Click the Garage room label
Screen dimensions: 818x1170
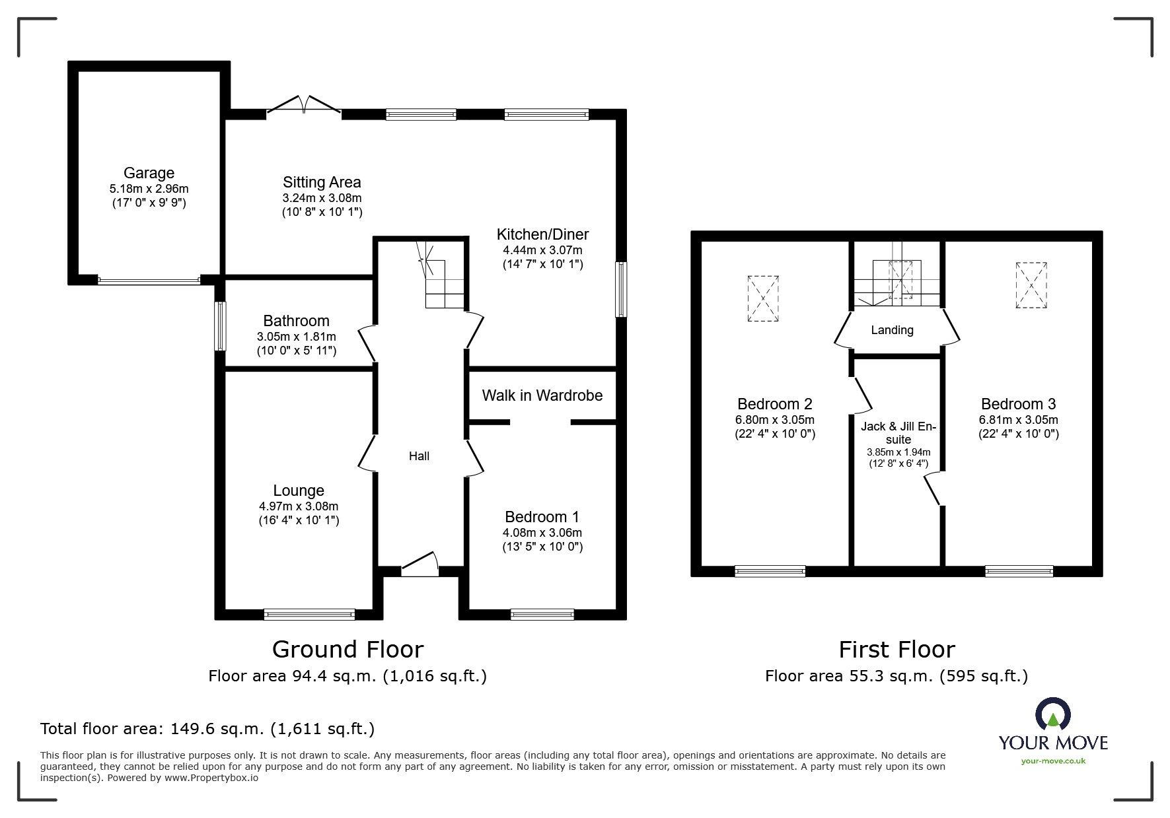coord(149,173)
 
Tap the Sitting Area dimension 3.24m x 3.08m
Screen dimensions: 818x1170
coord(322,198)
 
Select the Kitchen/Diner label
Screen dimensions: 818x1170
coord(542,234)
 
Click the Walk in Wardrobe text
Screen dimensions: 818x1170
coord(542,395)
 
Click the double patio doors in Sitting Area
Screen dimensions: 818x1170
coord(304,106)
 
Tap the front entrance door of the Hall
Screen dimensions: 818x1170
coord(420,564)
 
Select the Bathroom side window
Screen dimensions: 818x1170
coord(221,326)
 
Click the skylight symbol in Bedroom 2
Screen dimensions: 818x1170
coord(763,298)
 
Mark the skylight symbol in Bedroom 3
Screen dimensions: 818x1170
coord(1031,285)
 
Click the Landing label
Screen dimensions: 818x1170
coord(892,330)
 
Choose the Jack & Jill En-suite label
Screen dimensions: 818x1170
coord(898,433)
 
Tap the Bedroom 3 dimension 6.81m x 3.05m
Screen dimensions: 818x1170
coord(1018,420)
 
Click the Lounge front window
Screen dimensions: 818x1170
coord(309,614)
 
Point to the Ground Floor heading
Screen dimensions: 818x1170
coord(347,650)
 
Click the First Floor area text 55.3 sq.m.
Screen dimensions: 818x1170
coord(896,676)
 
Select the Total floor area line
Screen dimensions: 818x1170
coord(207,729)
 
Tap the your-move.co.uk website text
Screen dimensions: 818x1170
coord(1053,761)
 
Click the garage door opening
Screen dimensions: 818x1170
coord(149,281)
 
